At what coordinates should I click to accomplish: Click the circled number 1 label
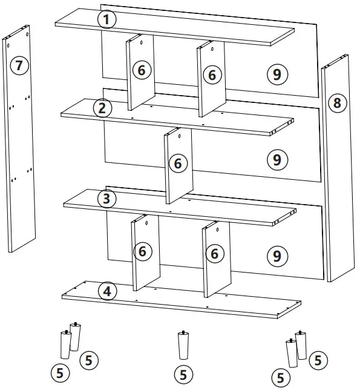pos(106,20)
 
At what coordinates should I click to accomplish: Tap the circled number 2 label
pos(102,108)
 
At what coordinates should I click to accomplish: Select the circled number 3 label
pos(106,199)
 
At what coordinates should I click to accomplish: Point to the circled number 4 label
pos(107,292)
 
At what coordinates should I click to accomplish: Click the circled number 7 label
pos(21,65)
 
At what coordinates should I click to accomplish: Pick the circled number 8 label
pos(337,103)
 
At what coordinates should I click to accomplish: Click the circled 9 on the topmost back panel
pos(277,74)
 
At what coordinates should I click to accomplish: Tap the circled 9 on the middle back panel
pos(277,160)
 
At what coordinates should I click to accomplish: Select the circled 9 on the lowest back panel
pos(277,255)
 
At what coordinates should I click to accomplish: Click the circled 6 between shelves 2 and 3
pos(178,163)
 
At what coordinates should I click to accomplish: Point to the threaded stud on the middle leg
pos(182,332)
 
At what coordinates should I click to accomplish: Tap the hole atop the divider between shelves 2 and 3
pos(179,137)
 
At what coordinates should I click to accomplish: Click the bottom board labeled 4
pos(182,302)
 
